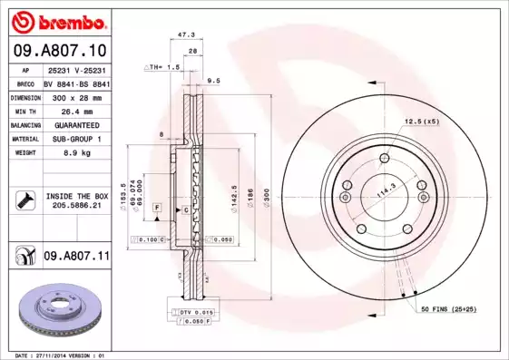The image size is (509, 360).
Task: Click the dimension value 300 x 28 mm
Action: click(x=76, y=96)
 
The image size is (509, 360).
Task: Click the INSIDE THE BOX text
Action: click(x=77, y=196)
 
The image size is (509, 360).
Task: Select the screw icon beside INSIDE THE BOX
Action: click(x=24, y=200)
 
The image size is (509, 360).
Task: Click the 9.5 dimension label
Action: click(x=214, y=82)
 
